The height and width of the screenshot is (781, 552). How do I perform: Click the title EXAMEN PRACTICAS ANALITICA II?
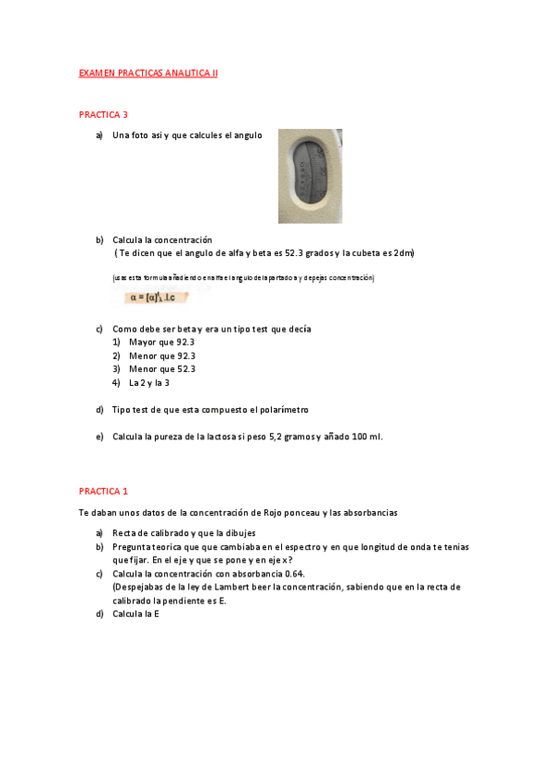point(148,72)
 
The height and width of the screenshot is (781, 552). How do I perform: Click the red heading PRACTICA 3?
point(103,114)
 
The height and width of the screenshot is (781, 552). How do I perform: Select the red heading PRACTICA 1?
point(103,491)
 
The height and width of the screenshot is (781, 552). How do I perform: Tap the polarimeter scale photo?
point(310,176)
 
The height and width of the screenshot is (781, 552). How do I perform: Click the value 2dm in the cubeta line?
point(403,253)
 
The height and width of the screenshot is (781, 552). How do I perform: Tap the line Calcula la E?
point(135,613)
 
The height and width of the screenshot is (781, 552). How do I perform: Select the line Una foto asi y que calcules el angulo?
point(186,135)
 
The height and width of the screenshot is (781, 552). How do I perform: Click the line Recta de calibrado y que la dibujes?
point(183,532)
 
